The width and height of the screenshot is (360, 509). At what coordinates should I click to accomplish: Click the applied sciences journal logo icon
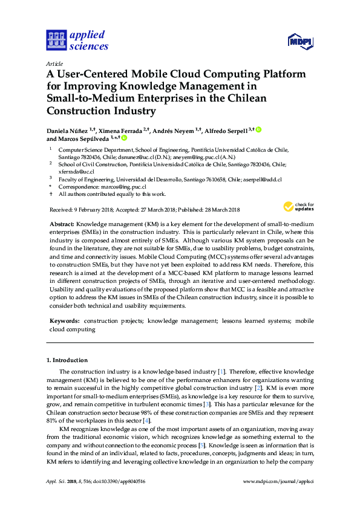pos(56,41)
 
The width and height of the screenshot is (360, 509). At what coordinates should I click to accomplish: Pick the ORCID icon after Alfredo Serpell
pos(258,129)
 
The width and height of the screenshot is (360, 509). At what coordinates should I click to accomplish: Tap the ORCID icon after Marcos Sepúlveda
pos(125,138)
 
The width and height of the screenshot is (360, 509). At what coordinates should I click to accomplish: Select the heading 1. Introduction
pos(67,360)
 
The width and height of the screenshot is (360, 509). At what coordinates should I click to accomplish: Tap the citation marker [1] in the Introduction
pos(221,371)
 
